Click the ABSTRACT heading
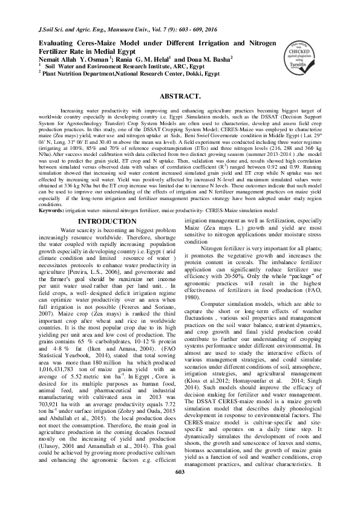pos(180,97)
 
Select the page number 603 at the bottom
pos(179,488)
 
